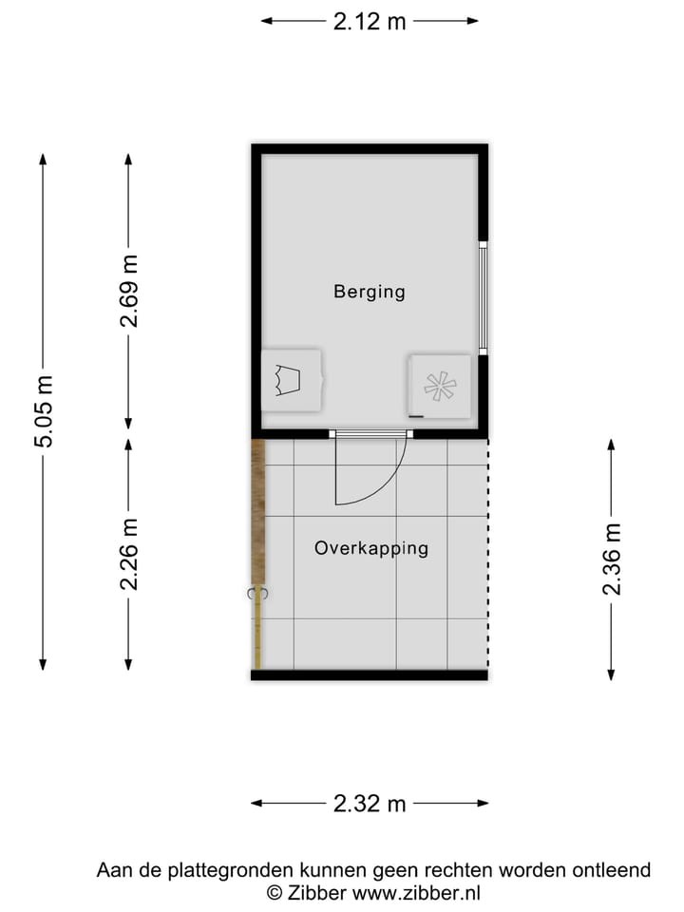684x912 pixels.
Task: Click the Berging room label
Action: point(369,292)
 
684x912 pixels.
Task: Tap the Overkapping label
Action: point(371,548)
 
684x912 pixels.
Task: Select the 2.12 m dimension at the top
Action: point(370,22)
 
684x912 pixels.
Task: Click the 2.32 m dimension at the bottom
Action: point(370,804)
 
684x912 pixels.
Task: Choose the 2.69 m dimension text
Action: point(129,292)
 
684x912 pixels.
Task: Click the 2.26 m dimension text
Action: point(129,554)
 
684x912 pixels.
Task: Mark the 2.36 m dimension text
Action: point(612,560)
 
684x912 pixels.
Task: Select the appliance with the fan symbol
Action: point(439,386)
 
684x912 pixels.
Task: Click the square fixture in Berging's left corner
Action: point(290,380)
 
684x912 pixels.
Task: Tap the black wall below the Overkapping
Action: point(370,674)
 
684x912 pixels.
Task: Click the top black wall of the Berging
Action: point(370,149)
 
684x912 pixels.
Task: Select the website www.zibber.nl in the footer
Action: point(417,892)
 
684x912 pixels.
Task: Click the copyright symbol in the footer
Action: point(274,892)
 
